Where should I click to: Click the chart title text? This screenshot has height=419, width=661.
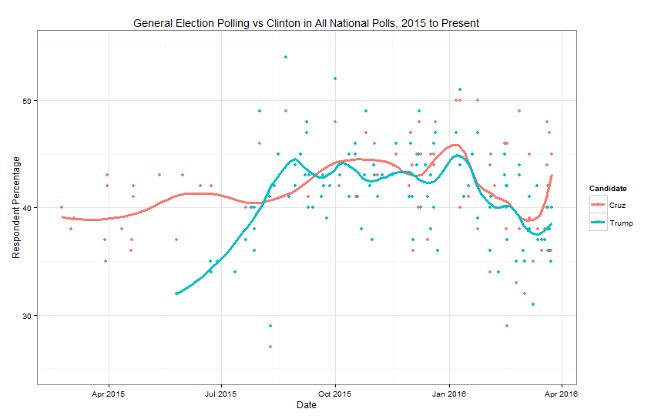coord(307,23)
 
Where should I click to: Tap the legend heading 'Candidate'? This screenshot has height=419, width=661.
coord(607,188)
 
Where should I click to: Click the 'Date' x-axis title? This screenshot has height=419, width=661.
coord(306,405)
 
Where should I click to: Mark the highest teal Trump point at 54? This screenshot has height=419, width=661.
coord(286,57)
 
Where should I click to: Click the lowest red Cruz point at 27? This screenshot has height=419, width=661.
coord(270,347)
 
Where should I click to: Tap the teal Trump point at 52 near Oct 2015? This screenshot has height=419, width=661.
coord(335,79)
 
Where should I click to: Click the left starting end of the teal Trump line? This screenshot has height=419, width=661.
coord(177,293)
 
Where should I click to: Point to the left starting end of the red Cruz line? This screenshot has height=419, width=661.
coord(62,216)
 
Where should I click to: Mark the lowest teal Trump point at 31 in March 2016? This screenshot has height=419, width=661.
coord(532,304)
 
